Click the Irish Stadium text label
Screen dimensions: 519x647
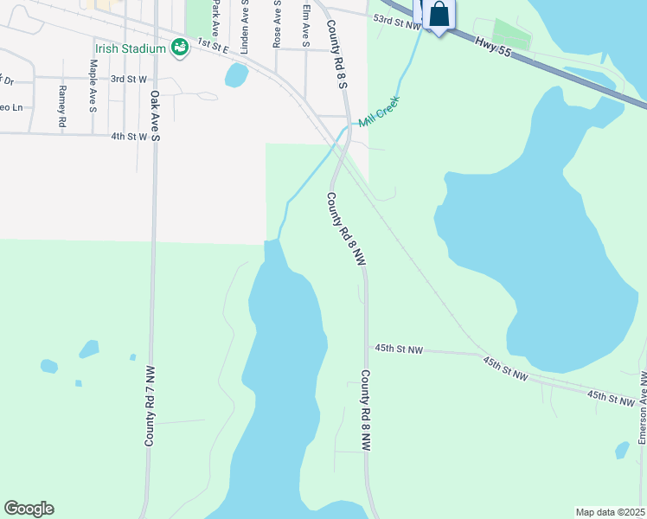tap(131, 48)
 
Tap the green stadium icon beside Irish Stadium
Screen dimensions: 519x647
tap(179, 48)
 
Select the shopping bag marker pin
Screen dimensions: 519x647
tap(439, 15)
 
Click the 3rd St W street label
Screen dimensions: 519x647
tap(129, 79)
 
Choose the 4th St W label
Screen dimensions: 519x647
tap(129, 136)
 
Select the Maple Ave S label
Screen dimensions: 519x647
tap(93, 86)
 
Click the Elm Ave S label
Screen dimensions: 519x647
tap(306, 24)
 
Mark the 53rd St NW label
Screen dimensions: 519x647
tap(396, 21)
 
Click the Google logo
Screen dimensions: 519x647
tap(29, 509)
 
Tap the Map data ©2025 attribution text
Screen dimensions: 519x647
tap(611, 512)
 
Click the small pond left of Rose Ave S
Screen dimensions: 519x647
tap(235, 75)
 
